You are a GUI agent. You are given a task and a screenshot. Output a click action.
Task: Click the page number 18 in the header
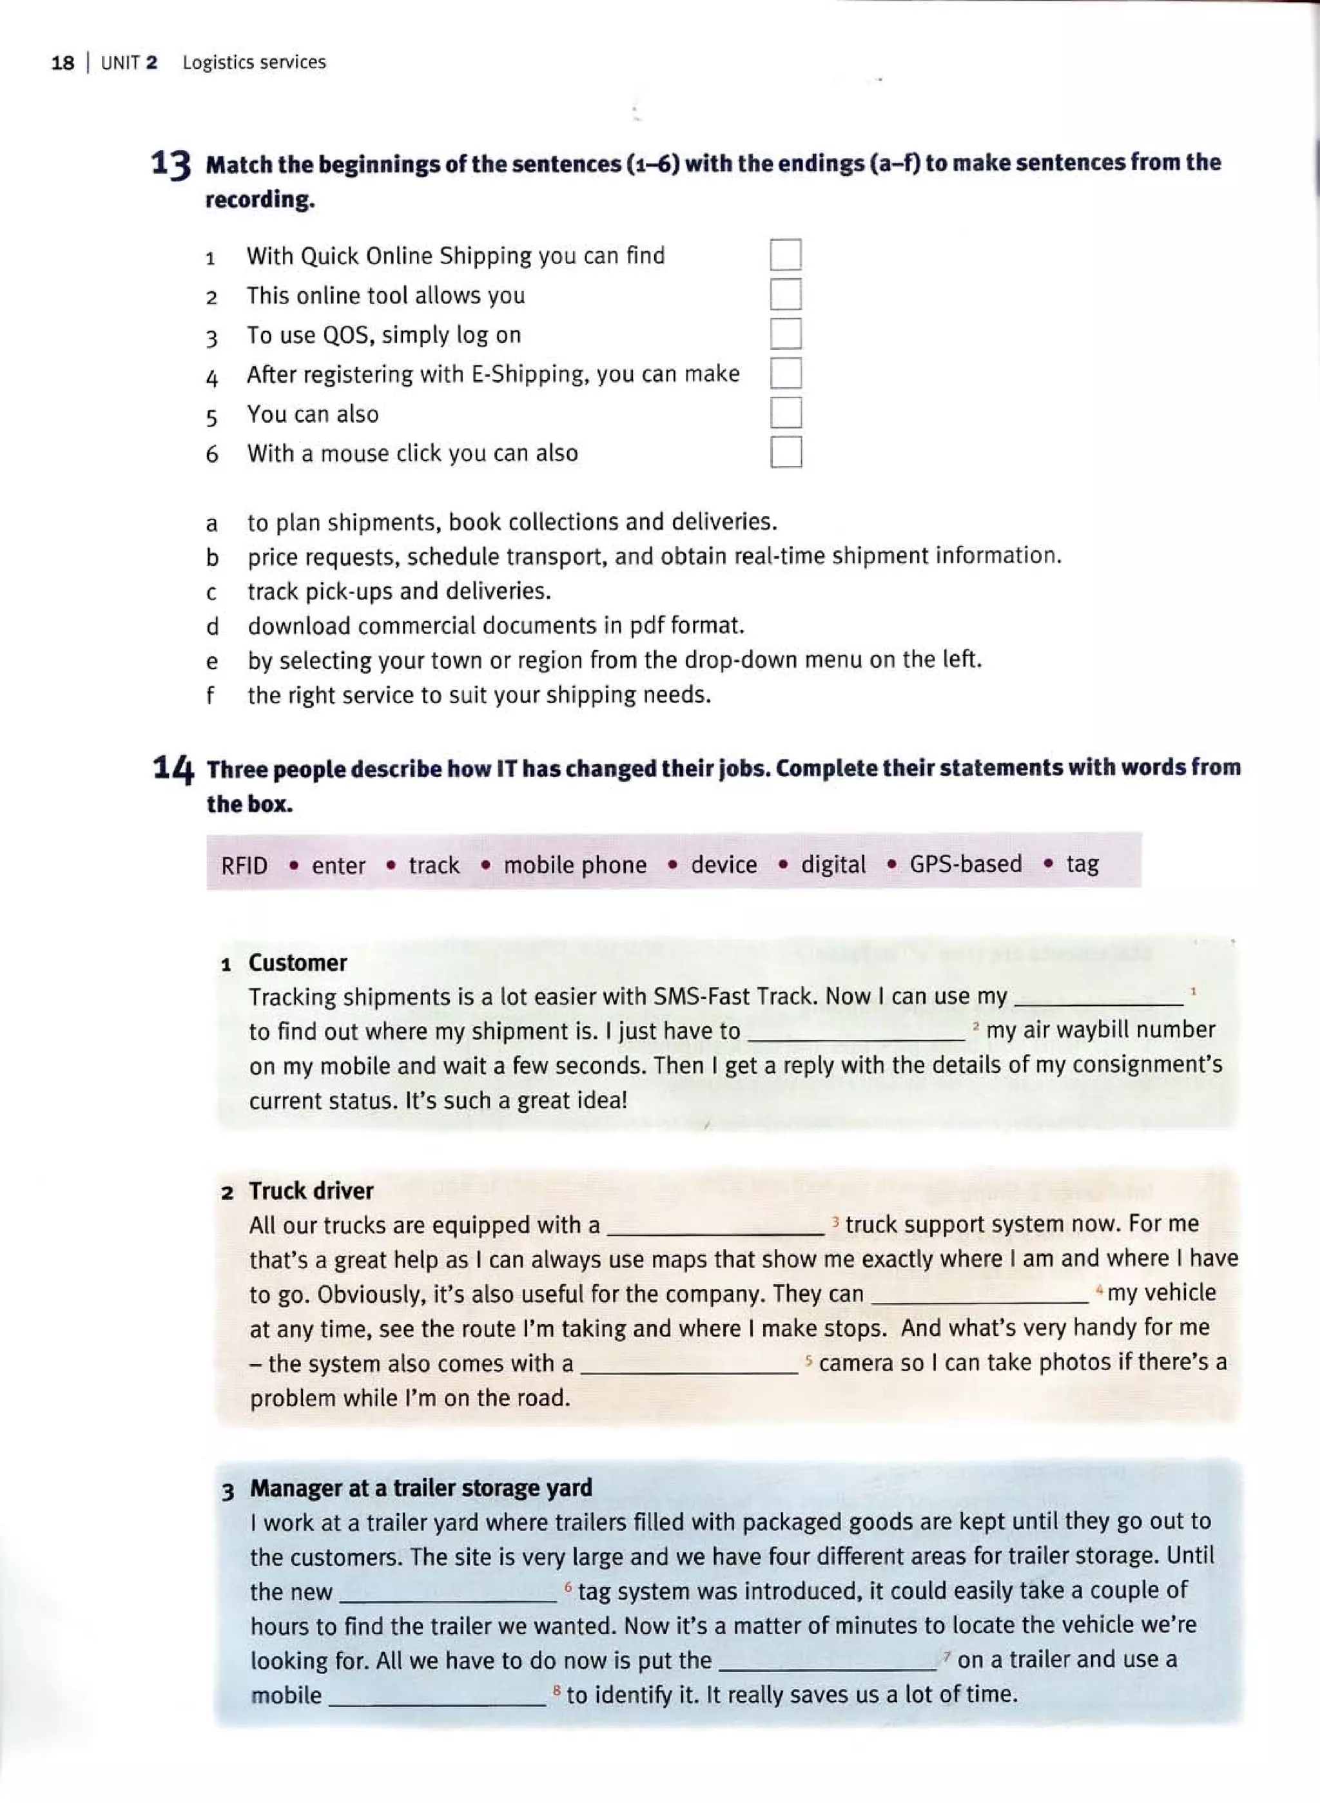tap(63, 63)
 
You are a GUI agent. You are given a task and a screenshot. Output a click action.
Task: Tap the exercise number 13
tap(171, 164)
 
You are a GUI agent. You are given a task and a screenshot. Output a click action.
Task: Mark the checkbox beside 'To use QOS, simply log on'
tap(786, 334)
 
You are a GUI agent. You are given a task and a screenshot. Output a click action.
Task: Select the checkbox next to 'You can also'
tap(786, 413)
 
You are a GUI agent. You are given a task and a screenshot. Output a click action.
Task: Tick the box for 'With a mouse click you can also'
tap(786, 452)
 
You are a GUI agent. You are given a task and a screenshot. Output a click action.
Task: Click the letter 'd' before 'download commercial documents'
tap(212, 626)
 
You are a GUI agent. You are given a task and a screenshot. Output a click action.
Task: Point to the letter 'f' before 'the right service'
tap(210, 696)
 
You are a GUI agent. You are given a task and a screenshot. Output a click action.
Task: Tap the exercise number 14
tap(173, 769)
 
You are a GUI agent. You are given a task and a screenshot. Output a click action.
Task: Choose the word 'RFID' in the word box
tap(244, 866)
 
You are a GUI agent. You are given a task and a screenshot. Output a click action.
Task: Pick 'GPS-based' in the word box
tap(966, 864)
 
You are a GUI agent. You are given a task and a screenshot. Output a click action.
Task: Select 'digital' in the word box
tap(833, 865)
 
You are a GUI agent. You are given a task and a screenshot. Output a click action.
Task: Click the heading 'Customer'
tap(297, 963)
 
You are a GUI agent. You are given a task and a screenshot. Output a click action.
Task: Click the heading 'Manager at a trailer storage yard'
tap(421, 1489)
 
